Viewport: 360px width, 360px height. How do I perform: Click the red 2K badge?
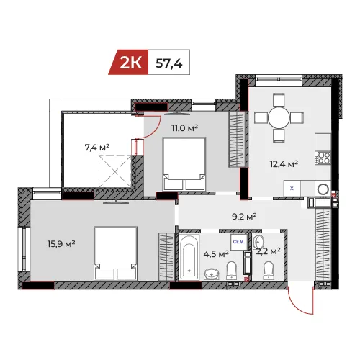tap(129, 62)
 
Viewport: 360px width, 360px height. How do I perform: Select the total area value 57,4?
tap(169, 63)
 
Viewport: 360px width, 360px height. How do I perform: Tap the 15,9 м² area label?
tap(61, 244)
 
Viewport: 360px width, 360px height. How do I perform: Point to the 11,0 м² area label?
tap(184, 128)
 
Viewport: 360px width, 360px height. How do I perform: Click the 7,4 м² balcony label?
tap(97, 147)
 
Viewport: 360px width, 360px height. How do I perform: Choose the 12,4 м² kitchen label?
tap(284, 164)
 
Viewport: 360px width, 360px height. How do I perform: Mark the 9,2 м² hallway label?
tap(244, 217)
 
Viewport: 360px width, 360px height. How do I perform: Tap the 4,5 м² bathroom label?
tap(216, 253)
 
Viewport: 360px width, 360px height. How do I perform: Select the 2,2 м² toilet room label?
tap(269, 251)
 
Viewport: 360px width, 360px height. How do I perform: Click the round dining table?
tap(279, 118)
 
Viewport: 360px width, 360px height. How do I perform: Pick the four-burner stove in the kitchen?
tap(323, 158)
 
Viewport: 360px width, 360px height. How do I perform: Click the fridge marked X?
tap(292, 189)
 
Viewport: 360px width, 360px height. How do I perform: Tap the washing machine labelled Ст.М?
tap(239, 242)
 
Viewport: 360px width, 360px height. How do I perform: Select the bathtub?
tap(189, 257)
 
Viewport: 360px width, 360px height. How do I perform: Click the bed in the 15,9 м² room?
tap(116, 253)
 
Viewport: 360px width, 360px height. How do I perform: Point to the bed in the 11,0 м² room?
tap(184, 164)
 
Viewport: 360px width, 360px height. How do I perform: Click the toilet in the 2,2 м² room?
tap(269, 271)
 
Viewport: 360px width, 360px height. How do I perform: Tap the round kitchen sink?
tap(323, 189)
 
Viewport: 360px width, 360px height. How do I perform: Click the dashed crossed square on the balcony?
tap(115, 171)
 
